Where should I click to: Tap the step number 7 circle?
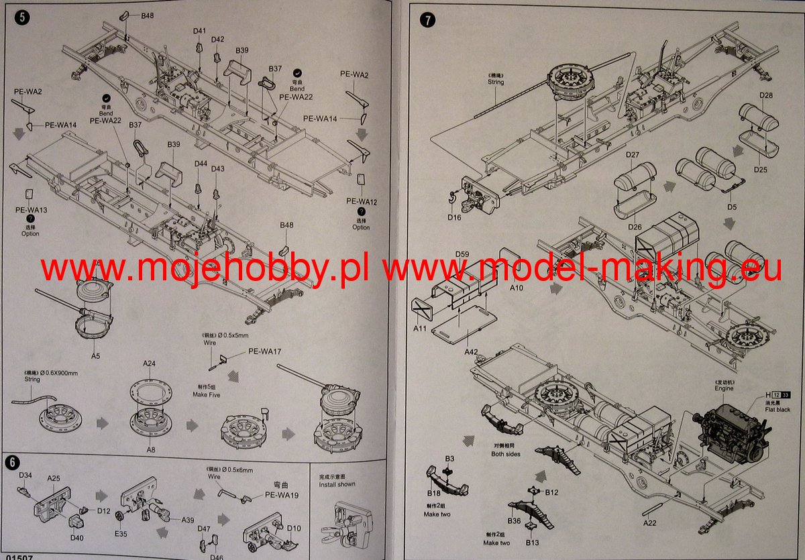tap(427, 19)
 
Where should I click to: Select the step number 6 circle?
tap(11, 462)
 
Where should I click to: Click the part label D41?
tap(199, 31)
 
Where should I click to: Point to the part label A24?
tap(149, 363)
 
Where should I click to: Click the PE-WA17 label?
tap(264, 351)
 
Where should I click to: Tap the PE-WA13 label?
tap(31, 210)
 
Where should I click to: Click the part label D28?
tap(766, 95)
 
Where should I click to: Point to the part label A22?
tap(649, 522)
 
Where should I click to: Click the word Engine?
tap(724, 388)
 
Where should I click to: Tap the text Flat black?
tap(777, 409)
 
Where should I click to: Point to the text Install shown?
tap(337, 484)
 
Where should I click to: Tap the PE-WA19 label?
tap(281, 495)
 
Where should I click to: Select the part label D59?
tap(462, 254)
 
